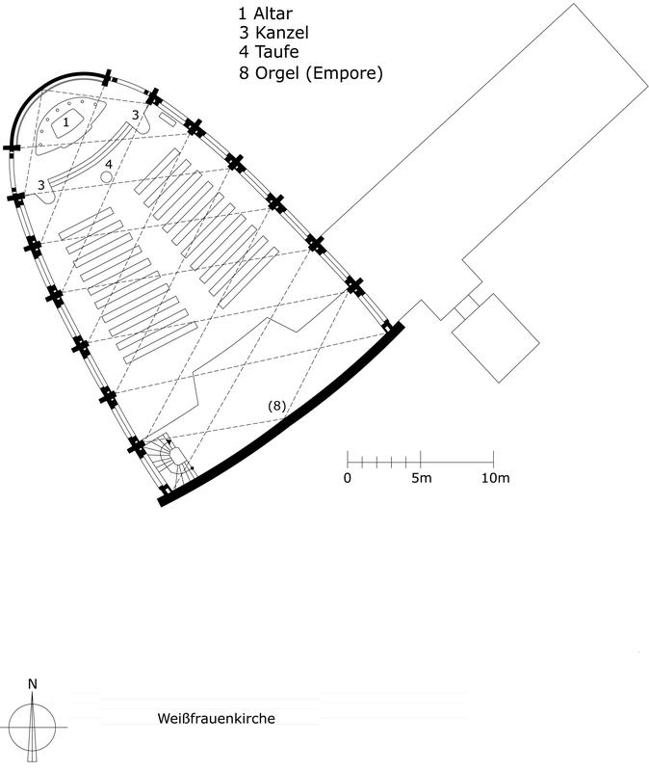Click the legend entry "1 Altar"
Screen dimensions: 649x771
tap(266, 13)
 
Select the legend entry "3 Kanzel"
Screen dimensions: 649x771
tap(274, 33)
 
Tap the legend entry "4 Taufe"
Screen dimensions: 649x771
tap(270, 52)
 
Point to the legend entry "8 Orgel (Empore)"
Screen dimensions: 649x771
tap(311, 73)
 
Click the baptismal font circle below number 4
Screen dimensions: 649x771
tap(107, 176)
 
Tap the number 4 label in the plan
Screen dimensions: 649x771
tap(109, 164)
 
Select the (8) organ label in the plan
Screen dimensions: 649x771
tap(276, 406)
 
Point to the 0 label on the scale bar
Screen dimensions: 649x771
tap(348, 477)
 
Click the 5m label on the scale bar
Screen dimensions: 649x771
tap(422, 477)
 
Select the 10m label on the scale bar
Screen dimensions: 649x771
tap(495, 477)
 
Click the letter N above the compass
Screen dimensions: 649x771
tap(33, 684)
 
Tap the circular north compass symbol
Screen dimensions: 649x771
tap(33, 727)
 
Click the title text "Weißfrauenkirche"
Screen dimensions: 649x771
tap(216, 718)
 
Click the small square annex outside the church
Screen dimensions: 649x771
tap(495, 338)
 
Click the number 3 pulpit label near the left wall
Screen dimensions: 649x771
tap(41, 185)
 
